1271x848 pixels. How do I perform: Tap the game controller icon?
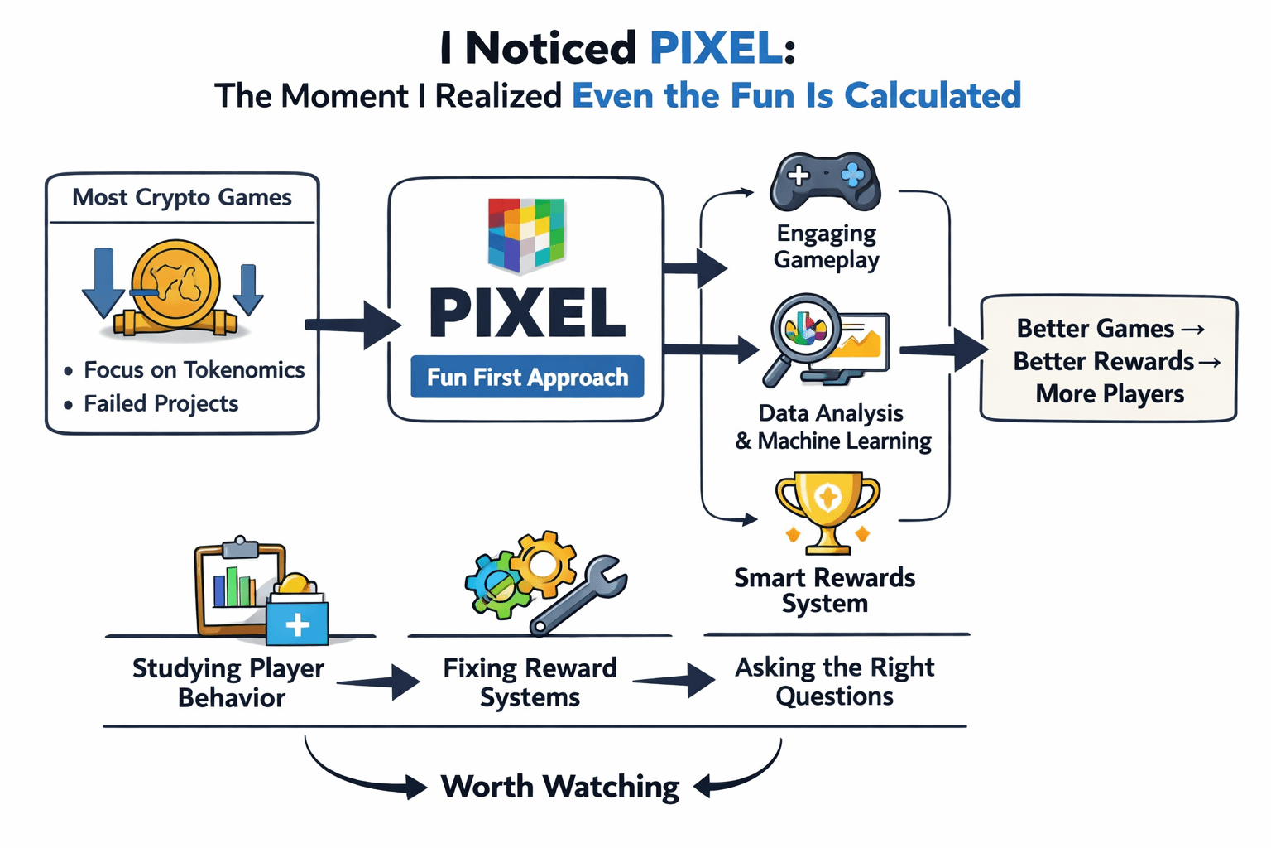(825, 181)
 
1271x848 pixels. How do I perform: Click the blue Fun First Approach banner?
(527, 377)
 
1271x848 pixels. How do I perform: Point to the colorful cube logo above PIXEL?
(526, 235)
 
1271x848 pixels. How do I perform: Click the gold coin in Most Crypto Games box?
(176, 284)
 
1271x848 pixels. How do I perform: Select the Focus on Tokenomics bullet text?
(194, 369)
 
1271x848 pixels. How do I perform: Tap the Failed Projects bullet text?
(161, 404)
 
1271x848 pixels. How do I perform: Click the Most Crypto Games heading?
(181, 198)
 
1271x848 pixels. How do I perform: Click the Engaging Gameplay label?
(826, 247)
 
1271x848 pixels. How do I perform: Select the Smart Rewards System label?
(824, 590)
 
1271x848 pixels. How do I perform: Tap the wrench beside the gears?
(578, 595)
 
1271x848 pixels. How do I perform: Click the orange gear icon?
(543, 563)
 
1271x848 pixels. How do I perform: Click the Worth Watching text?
(560, 787)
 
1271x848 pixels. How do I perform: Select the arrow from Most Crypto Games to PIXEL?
(353, 325)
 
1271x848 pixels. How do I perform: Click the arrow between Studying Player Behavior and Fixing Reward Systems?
(378, 682)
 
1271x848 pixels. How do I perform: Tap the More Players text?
(1110, 393)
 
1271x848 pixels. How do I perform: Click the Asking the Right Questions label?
(834, 682)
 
